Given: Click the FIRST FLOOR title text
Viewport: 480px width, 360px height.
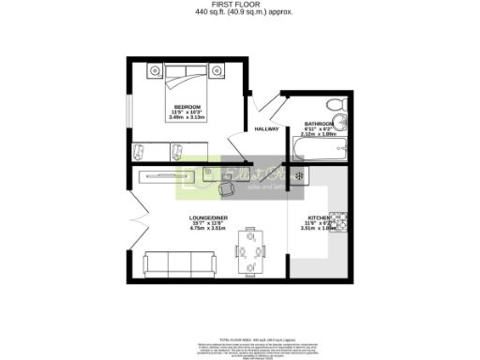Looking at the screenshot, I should click(x=239, y=5).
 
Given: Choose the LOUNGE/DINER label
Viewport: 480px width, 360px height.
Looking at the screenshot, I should click(x=205, y=216).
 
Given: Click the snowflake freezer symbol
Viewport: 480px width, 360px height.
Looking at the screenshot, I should click(x=299, y=176).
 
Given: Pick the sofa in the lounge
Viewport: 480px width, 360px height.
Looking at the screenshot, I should click(x=180, y=264).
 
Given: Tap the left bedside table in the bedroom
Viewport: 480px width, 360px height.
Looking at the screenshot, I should click(x=156, y=69).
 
